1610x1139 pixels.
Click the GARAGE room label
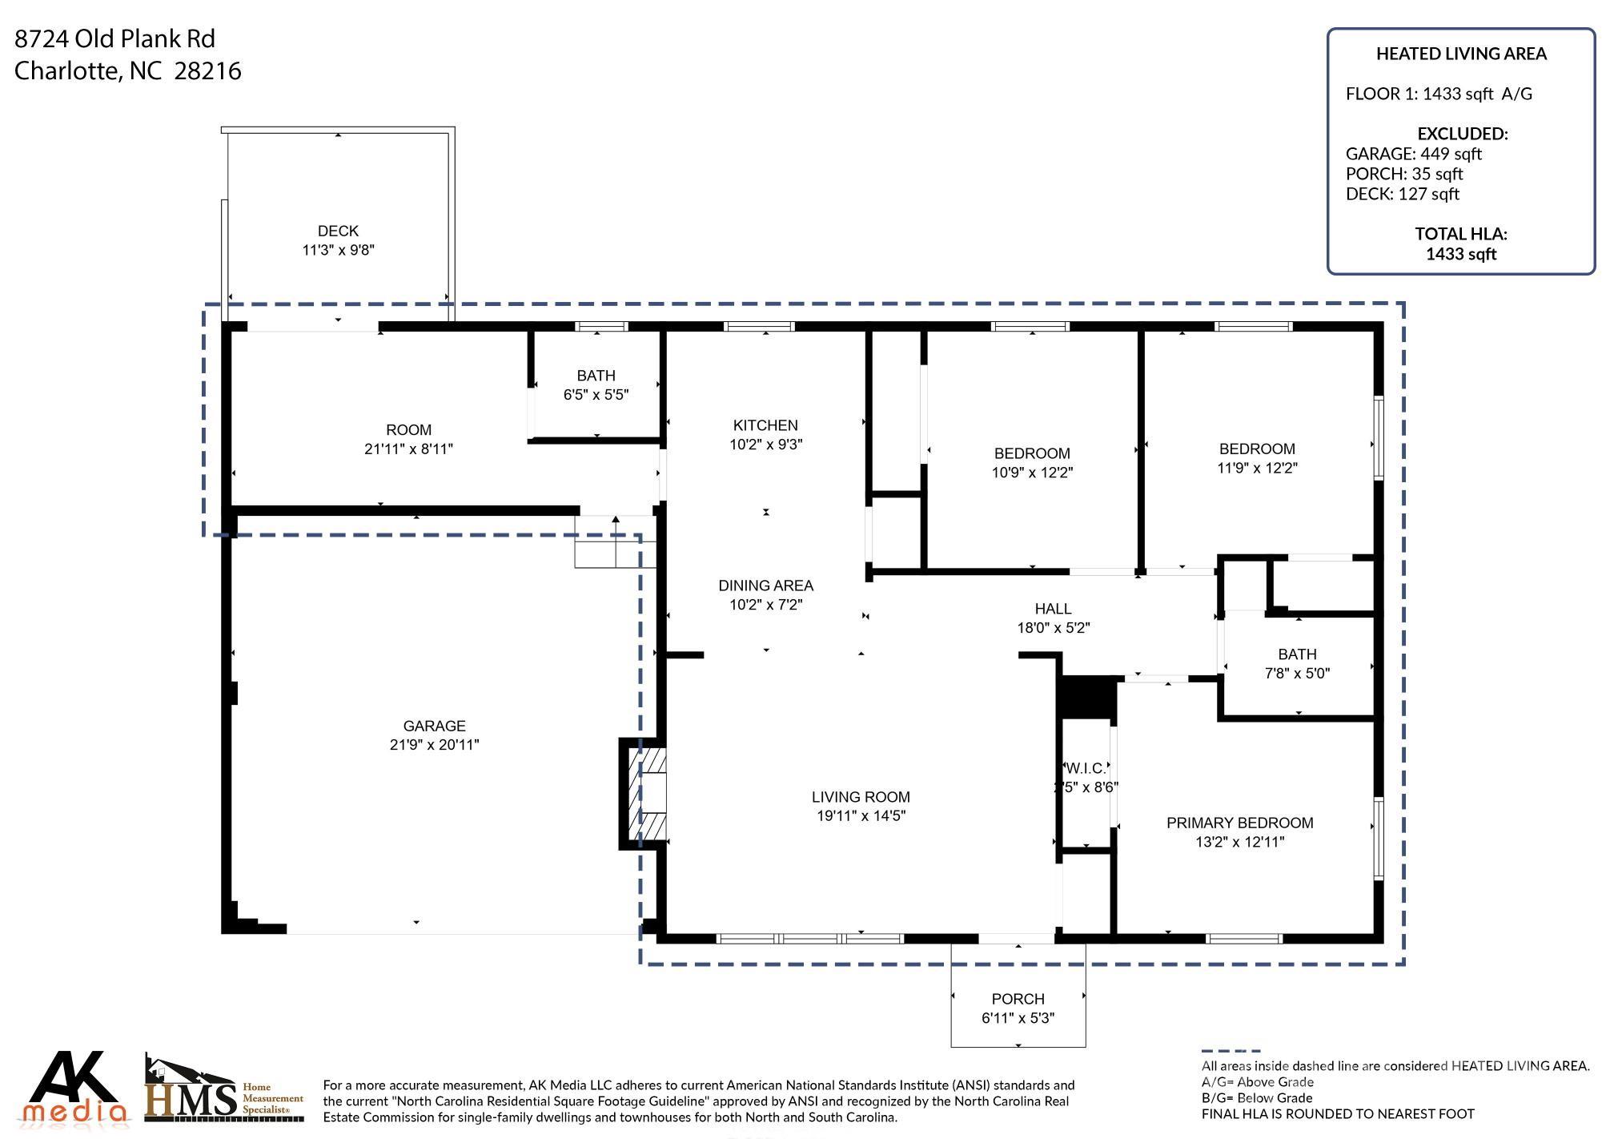(434, 726)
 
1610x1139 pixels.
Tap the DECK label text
(338, 231)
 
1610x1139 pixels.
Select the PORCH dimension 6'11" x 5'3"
(1018, 1018)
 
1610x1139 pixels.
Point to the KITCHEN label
(765, 425)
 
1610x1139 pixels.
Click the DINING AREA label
(765, 586)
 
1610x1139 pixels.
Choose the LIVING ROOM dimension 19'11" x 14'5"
(861, 816)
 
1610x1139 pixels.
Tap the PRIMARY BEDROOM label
(1239, 823)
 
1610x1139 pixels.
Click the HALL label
(1053, 609)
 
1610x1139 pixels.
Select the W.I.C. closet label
(1086, 768)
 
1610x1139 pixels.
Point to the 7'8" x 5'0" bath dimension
(1297, 674)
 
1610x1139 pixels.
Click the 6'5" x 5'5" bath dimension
(596, 395)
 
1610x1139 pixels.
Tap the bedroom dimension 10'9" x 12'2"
(1032, 473)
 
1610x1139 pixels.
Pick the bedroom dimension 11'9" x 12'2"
(1257, 468)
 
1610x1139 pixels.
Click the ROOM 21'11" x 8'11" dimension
(408, 449)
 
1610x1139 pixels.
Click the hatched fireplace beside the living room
(644, 794)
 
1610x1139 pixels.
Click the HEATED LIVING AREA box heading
(1461, 54)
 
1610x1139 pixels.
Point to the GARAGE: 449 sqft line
(1413, 154)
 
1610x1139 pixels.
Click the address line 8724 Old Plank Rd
(114, 38)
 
